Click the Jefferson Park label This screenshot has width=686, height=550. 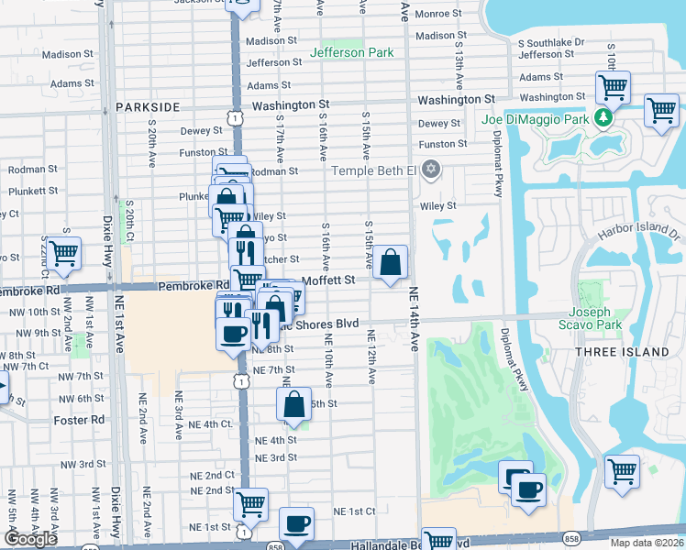pyautogui.click(x=351, y=52)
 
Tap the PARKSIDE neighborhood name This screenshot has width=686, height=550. pyautogui.click(x=148, y=107)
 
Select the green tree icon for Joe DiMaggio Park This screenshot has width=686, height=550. pyautogui.click(x=603, y=117)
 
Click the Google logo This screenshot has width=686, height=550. pyautogui.click(x=30, y=539)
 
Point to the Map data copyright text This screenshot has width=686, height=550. pyautogui.click(x=647, y=543)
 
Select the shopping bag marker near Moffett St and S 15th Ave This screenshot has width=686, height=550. pyautogui.click(x=391, y=263)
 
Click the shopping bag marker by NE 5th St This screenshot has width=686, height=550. pyautogui.click(x=293, y=404)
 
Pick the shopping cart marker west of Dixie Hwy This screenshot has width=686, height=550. pyautogui.click(x=63, y=254)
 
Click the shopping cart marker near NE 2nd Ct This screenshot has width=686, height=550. pyautogui.click(x=250, y=503)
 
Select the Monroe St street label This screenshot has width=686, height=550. pyautogui.click(x=439, y=14)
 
